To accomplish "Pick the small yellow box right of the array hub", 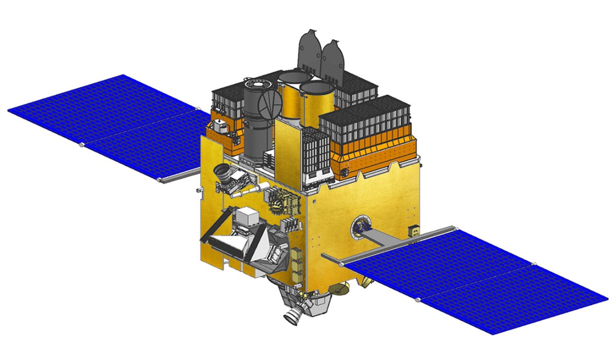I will (x=411, y=231).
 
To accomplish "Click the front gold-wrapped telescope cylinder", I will (x=317, y=103).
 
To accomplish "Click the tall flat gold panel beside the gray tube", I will (x=287, y=149).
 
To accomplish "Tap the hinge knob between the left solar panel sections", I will (x=82, y=145).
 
